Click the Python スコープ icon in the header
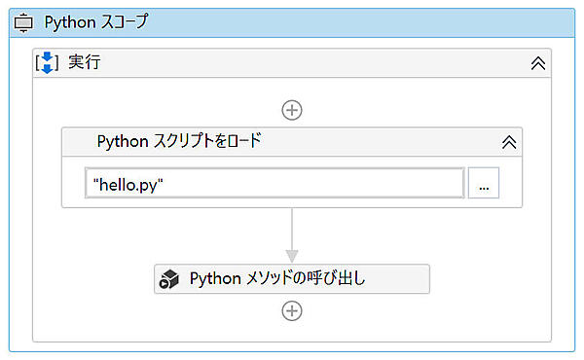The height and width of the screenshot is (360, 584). (x=23, y=22)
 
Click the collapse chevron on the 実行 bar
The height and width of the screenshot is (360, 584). (x=536, y=63)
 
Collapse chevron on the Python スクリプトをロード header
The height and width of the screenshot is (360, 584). (x=508, y=141)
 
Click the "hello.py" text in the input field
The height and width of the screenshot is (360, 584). (x=128, y=183)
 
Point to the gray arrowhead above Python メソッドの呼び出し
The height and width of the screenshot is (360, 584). (x=291, y=255)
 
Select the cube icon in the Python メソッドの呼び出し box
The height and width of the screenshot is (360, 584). (x=171, y=279)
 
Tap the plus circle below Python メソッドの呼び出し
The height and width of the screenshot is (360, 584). (x=291, y=311)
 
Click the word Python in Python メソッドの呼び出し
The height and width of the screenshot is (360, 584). (x=214, y=279)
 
